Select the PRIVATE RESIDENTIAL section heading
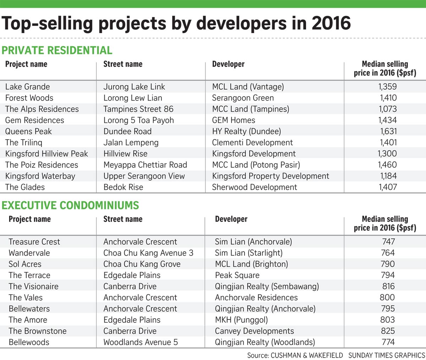[57, 50]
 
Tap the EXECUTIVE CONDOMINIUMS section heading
[70, 205]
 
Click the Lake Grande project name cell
[27, 87]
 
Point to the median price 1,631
[388, 131]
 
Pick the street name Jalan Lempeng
[131, 143]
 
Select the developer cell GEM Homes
[233, 120]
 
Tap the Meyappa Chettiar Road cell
[145, 165]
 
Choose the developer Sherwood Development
[254, 187]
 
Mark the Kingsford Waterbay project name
[40, 176]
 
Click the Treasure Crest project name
[34, 242]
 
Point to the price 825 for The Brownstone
[388, 331]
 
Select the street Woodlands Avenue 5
[141, 342]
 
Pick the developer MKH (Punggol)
[241, 320]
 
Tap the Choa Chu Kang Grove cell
[142, 264]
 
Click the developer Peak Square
[237, 275]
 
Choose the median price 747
[388, 242]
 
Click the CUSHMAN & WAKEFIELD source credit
[307, 355]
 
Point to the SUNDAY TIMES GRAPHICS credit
[386, 355]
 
